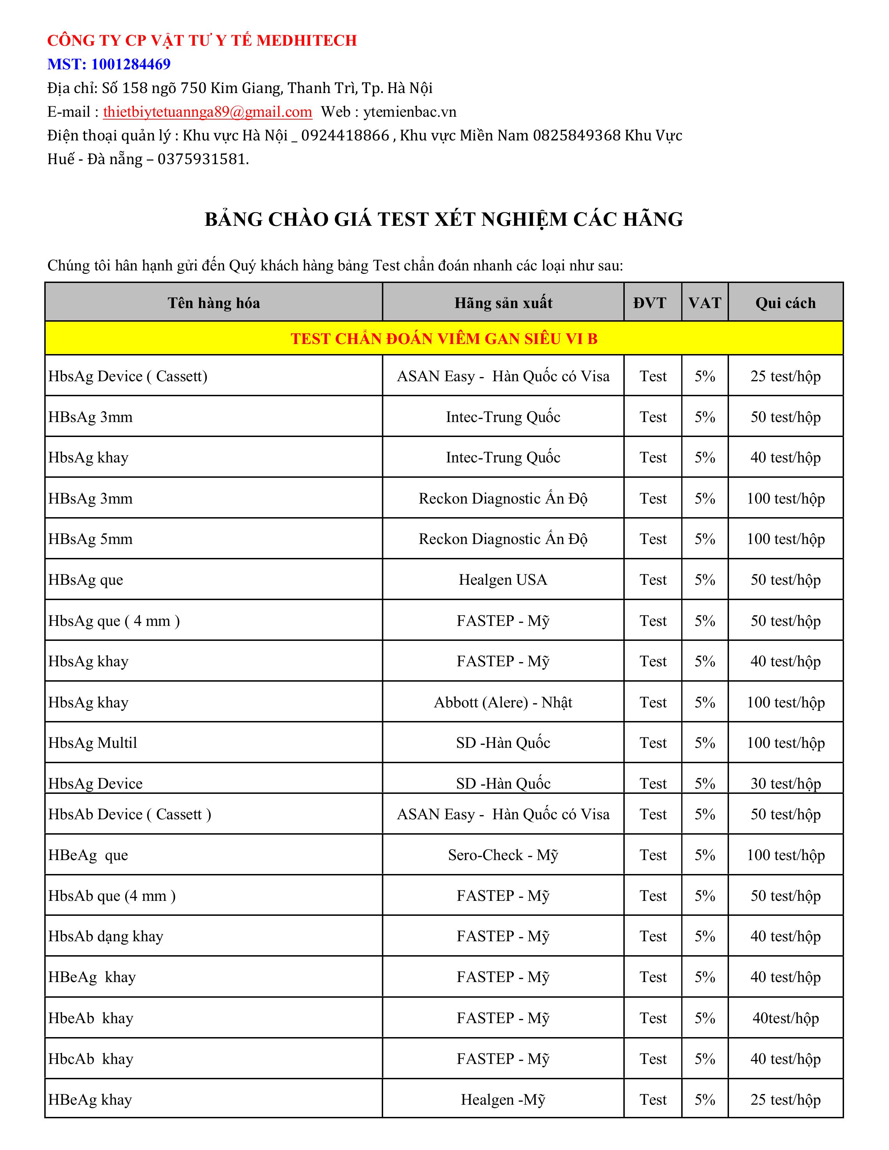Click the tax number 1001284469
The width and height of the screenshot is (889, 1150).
coord(131,64)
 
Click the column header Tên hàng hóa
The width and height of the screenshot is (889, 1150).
coord(214,303)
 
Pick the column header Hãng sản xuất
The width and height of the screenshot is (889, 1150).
coord(503,303)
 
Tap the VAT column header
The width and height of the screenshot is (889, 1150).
coord(705,303)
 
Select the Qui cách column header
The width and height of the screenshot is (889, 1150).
coord(785,303)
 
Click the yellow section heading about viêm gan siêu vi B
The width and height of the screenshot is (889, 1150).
coord(444,339)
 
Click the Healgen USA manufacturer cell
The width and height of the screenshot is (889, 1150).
coord(503,580)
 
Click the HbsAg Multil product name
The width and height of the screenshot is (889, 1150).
coord(93,743)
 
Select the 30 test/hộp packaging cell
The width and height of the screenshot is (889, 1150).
coord(785,783)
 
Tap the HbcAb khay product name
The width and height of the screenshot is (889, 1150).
coord(91,1059)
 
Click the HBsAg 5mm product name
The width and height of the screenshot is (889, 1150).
coord(91,539)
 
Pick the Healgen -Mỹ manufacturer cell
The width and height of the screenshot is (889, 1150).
coord(503,1099)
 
